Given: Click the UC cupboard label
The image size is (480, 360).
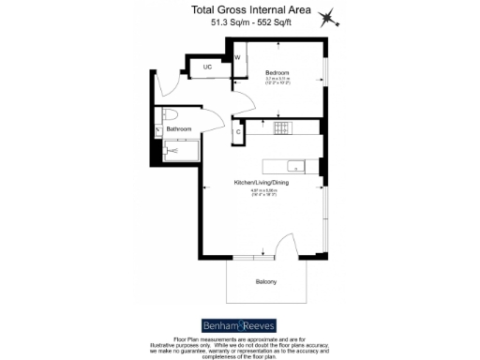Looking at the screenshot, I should (x=207, y=67).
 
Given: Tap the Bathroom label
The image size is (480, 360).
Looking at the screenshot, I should (x=179, y=128).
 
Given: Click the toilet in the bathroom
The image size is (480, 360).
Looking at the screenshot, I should (x=170, y=115).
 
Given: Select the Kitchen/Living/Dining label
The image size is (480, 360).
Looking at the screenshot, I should (x=262, y=183).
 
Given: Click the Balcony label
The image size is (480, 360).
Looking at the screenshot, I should (x=267, y=280).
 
